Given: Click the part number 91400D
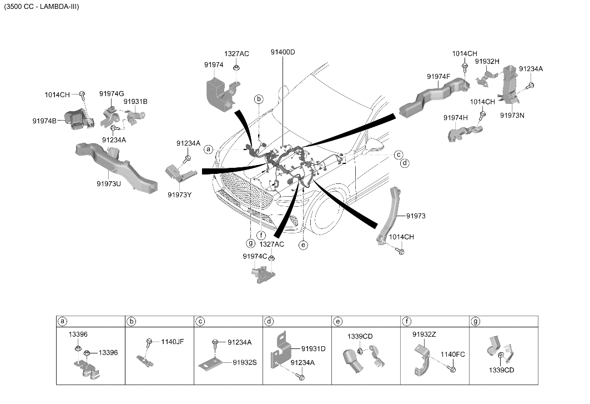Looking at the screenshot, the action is (x=283, y=52).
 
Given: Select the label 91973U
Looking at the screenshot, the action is (x=109, y=184).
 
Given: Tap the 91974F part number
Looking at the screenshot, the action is (x=438, y=77).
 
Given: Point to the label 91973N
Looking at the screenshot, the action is (x=512, y=116).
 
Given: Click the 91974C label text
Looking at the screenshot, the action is (x=255, y=256).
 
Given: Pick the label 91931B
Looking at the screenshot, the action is (x=135, y=101).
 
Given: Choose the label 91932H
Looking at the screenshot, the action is (x=487, y=62).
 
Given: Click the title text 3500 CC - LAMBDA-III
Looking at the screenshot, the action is (x=42, y=7).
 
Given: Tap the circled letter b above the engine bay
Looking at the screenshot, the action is (x=259, y=99).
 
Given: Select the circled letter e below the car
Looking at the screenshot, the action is (x=303, y=245).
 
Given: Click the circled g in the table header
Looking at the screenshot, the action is (x=476, y=321).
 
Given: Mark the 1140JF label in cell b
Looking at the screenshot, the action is (x=172, y=342).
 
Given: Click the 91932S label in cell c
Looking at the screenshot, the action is (x=245, y=362).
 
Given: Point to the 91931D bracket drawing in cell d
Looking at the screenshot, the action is (x=279, y=348).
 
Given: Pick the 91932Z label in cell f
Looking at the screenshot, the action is (x=424, y=335).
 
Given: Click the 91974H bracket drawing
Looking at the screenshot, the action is (x=465, y=133).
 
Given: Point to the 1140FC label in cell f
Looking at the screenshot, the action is (x=453, y=355).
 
